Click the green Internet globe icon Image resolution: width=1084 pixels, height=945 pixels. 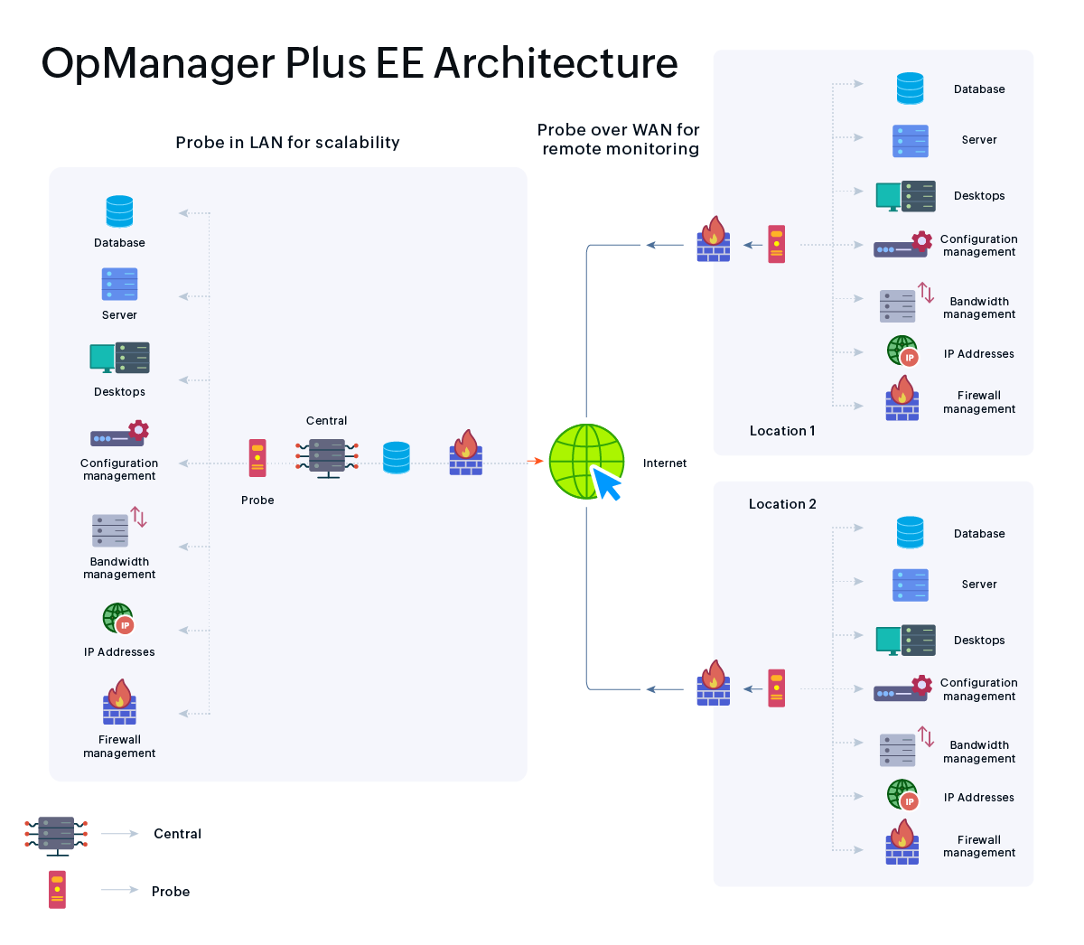tap(586, 462)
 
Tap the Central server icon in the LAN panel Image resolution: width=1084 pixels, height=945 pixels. tap(327, 457)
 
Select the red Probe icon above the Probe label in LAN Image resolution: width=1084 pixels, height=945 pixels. tap(257, 457)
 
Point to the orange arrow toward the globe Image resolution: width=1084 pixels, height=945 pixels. tap(535, 462)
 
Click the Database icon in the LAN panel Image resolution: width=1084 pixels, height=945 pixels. tap(119, 211)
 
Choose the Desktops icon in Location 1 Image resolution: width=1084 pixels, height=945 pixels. tap(905, 196)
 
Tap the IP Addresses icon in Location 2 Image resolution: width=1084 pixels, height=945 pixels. tap(902, 796)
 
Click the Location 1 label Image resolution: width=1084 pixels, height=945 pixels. tap(782, 431)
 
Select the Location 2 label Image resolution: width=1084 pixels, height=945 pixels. tap(782, 504)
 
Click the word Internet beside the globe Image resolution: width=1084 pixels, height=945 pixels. tap(665, 463)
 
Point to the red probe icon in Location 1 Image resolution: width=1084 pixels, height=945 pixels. tap(777, 244)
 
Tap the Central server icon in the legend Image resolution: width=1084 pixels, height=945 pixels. tap(56, 835)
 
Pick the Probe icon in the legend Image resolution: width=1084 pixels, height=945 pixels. tap(58, 890)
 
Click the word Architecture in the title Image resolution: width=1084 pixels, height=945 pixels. tap(556, 63)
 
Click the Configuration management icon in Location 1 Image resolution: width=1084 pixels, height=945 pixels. tap(902, 245)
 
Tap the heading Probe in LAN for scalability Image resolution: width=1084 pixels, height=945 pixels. tap(287, 143)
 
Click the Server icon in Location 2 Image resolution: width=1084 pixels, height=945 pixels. tap(910, 585)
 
